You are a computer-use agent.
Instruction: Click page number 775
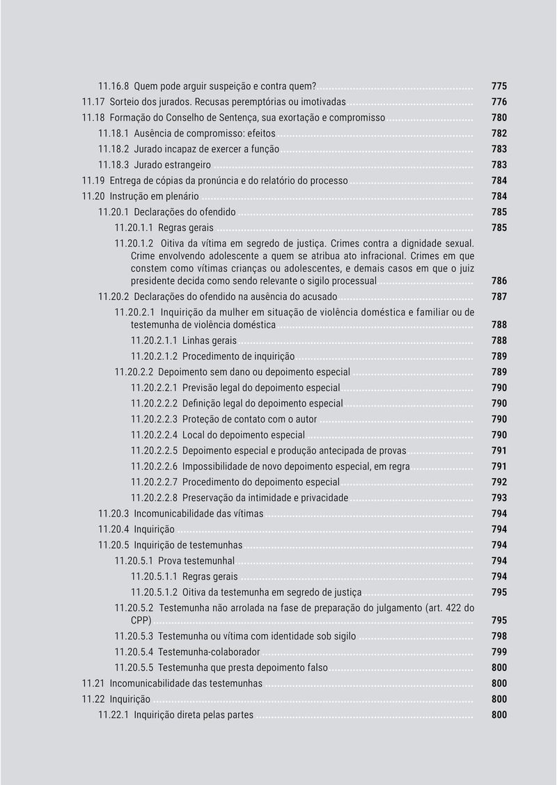coord(499,86)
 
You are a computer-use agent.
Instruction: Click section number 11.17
coord(93,102)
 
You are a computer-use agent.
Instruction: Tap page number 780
coord(499,118)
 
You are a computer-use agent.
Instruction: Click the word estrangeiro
coord(187,165)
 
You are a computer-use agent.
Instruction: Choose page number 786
coord(499,281)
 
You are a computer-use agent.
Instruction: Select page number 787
coord(499,297)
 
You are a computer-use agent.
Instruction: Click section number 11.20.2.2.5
coord(154,451)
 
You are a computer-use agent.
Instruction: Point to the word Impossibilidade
coord(217,466)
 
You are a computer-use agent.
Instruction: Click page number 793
coord(499,498)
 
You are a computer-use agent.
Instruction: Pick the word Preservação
coord(210,498)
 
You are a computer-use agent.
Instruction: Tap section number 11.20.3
coord(113,514)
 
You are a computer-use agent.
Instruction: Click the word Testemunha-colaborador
coord(209,652)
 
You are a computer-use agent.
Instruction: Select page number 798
coord(499,636)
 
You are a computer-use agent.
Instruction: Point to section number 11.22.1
coord(113,715)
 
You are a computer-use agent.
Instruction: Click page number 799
coord(499,652)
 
